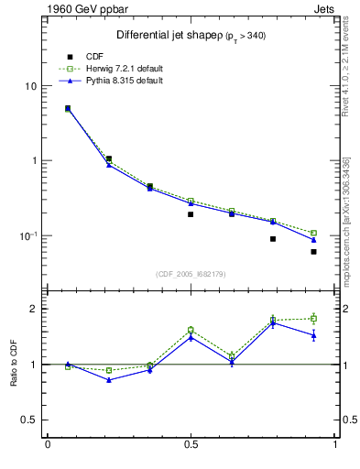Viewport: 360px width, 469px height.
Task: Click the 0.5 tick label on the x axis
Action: pyautogui.click(x=191, y=446)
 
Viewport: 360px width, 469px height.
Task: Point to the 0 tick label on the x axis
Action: pyautogui.click(x=47, y=446)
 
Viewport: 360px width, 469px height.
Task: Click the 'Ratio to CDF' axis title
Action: pyautogui.click(x=13, y=365)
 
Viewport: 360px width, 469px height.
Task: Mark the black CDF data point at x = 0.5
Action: pyautogui.click(x=191, y=214)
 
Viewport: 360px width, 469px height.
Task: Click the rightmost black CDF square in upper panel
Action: pyautogui.click(x=313, y=251)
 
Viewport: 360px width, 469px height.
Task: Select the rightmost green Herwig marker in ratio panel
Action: pyautogui.click(x=313, y=319)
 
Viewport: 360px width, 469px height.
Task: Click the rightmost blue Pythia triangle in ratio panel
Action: pyautogui.click(x=313, y=335)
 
